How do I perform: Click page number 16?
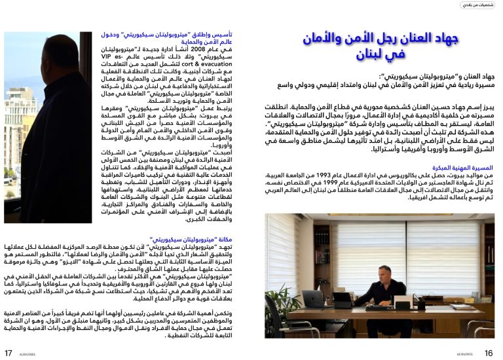coord(488,353)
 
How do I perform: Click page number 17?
coord(9,353)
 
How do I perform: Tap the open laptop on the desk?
coord(314,299)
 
